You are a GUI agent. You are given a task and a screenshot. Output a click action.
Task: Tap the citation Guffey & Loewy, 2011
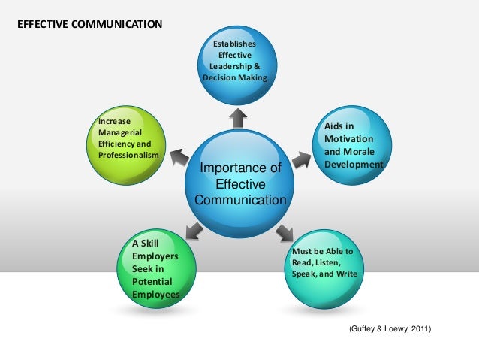[x=390, y=329]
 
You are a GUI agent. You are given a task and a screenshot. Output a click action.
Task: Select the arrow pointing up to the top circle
[x=238, y=116]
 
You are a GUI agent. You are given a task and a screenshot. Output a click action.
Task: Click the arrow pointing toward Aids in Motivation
[x=301, y=160]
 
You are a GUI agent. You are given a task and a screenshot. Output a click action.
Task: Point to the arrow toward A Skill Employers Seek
[x=194, y=230]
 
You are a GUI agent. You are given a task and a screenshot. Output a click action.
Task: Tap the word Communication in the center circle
[x=240, y=200]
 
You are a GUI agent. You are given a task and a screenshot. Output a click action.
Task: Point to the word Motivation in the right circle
[x=348, y=140]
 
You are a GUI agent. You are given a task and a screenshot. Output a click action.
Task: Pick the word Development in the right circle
[x=354, y=164]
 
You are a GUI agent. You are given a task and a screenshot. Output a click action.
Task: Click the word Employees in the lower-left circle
[x=156, y=294]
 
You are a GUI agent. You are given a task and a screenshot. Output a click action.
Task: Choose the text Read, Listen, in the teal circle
[x=316, y=262]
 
